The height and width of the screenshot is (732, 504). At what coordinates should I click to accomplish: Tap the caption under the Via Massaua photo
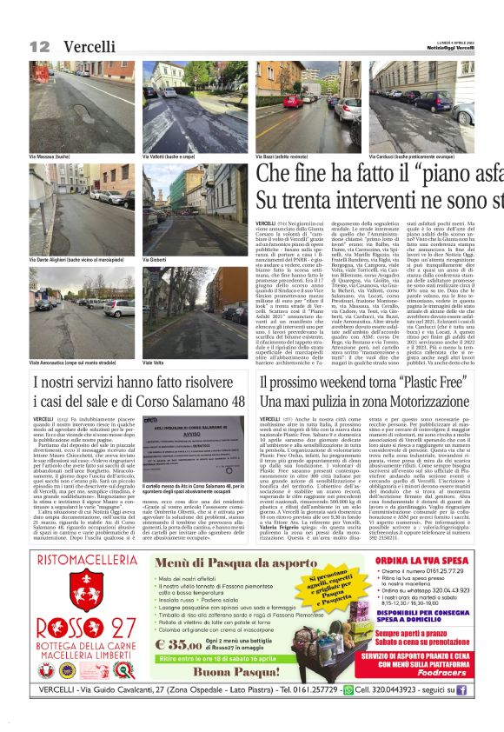tap(51, 157)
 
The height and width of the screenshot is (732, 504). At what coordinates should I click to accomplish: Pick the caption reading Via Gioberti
tap(156, 258)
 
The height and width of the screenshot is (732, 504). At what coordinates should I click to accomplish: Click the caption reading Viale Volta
tap(155, 361)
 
